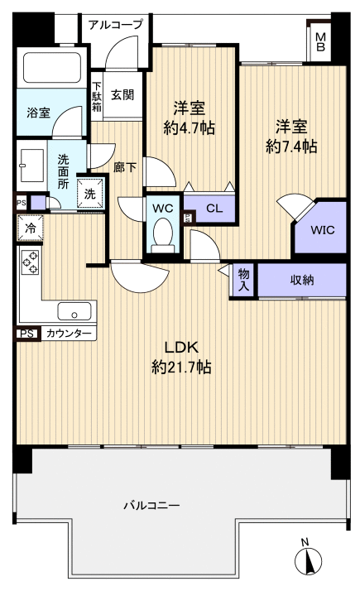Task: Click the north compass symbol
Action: (309, 559)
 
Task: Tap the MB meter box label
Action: (320, 42)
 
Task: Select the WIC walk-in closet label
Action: (322, 229)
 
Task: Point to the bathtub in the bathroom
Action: (52, 68)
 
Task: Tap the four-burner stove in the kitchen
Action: (30, 262)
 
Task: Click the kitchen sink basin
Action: (74, 311)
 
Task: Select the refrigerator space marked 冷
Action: (30, 228)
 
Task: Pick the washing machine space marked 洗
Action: (89, 194)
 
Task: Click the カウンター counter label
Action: (69, 334)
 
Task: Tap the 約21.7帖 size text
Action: (181, 367)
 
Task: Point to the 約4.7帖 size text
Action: (189, 128)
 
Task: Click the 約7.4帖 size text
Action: (291, 147)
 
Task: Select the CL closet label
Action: (214, 208)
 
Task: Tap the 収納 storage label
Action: (301, 280)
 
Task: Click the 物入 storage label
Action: (243, 280)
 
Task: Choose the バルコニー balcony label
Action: (151, 505)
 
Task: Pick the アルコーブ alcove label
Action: (116, 25)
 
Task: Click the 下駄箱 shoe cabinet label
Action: (97, 97)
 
